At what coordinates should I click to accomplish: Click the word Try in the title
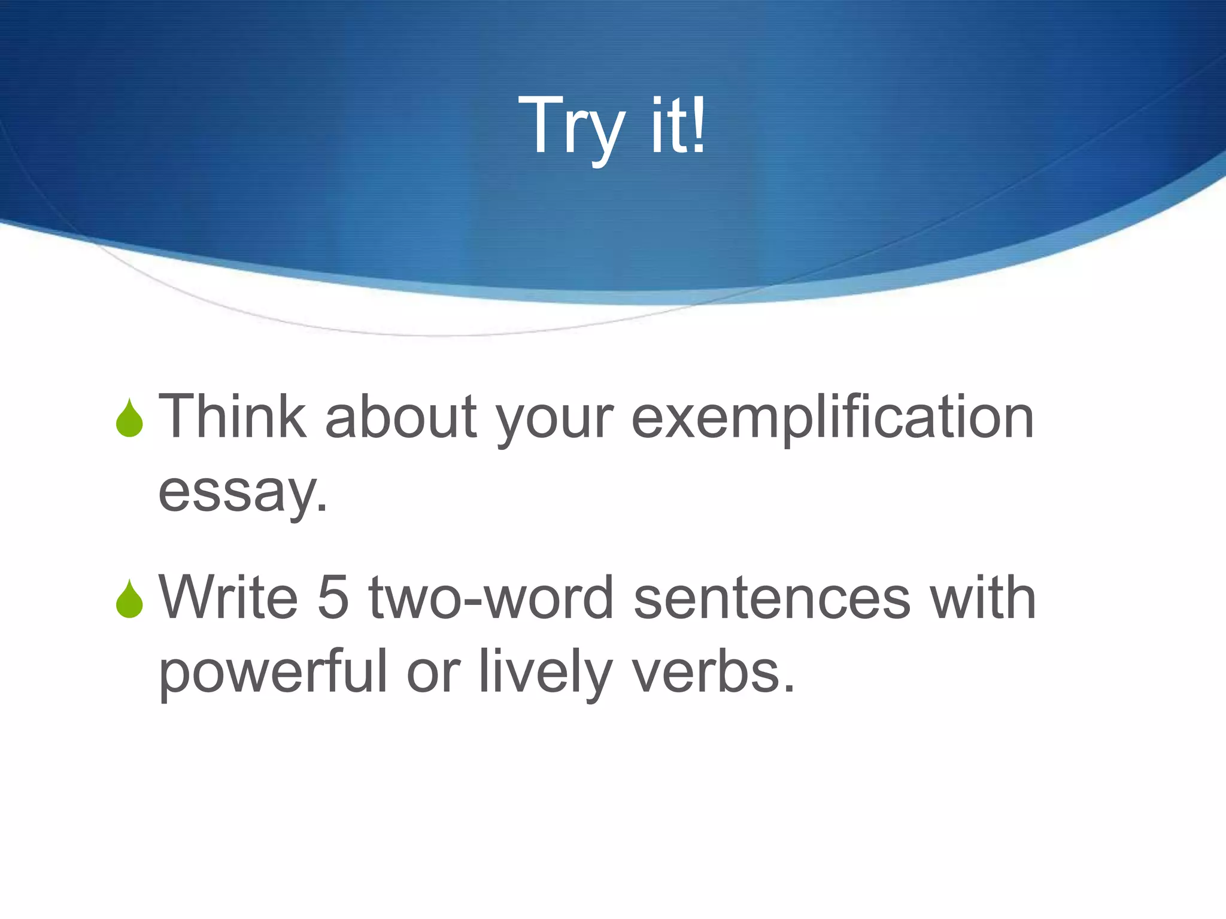coord(572,127)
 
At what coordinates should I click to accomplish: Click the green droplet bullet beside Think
coord(129,418)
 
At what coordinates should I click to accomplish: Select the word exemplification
coord(832,418)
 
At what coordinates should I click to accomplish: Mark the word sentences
coord(772,598)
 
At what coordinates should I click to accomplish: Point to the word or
coord(433,674)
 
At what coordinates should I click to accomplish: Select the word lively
coord(545,672)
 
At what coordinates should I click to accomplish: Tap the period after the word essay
coord(323,508)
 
